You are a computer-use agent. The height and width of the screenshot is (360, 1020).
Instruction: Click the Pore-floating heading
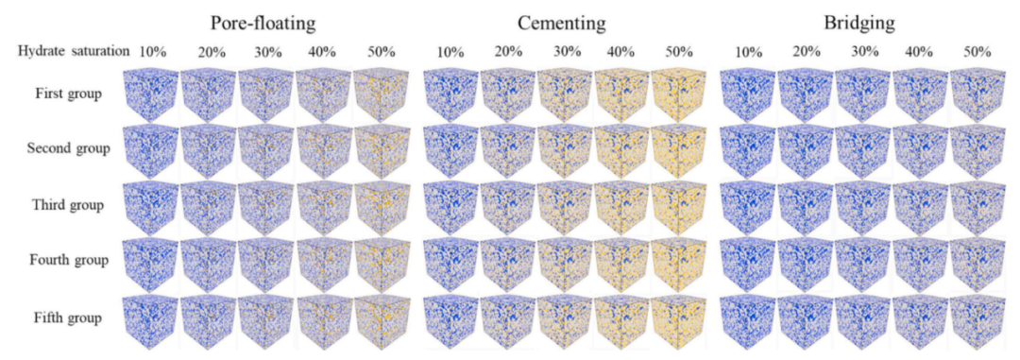click(263, 24)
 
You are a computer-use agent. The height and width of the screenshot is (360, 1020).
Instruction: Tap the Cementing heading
click(562, 24)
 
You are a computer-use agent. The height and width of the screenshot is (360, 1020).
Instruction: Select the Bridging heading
click(858, 24)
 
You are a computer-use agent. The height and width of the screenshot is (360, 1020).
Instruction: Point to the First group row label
click(68, 94)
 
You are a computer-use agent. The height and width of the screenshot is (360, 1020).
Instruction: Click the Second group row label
click(68, 149)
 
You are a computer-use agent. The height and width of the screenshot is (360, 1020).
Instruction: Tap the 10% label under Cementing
click(450, 53)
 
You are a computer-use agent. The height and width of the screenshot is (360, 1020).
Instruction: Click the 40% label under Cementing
click(622, 53)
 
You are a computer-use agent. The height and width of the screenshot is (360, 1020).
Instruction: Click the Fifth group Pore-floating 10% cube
click(149, 321)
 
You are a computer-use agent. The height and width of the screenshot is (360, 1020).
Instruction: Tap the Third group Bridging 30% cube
click(862, 208)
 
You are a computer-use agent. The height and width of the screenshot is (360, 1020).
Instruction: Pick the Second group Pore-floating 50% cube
click(382, 151)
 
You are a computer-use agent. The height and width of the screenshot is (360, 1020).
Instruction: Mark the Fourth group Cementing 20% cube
click(507, 265)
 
